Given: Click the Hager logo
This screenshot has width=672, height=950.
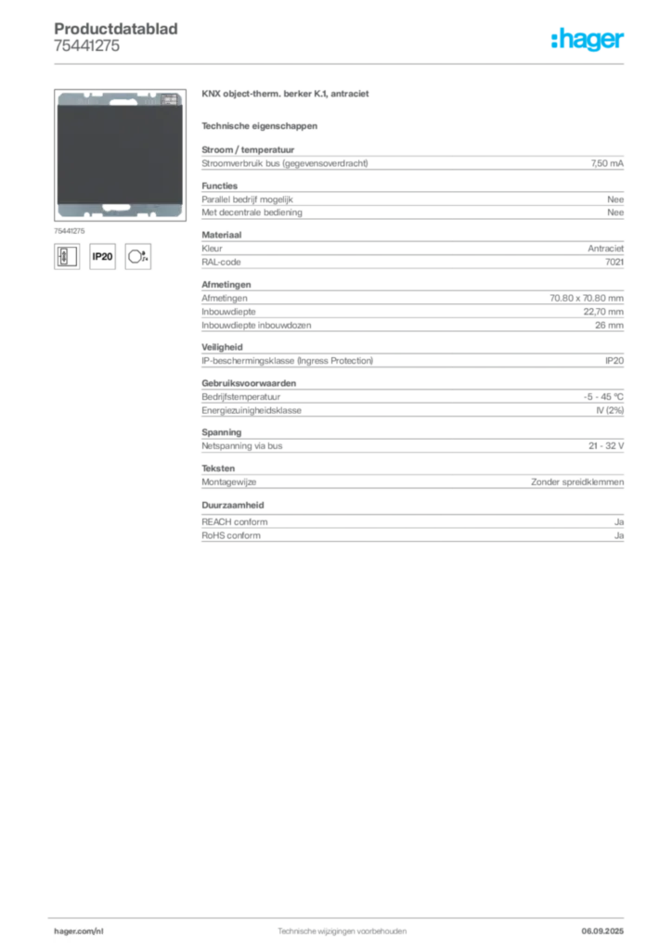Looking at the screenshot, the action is coord(588,40).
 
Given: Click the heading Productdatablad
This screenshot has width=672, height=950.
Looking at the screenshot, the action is coord(116,29).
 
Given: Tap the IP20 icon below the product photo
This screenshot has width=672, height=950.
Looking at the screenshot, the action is coord(102,256).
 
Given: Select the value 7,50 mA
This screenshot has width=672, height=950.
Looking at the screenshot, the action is coord(607,163).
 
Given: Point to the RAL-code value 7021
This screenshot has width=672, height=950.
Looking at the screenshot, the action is coord(614,262).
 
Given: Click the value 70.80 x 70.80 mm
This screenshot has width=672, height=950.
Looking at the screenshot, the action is coord(587,298).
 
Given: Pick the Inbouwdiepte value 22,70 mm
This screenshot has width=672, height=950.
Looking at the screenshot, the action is coord(603,312).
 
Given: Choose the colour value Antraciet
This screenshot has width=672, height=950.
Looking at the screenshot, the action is coord(605,249).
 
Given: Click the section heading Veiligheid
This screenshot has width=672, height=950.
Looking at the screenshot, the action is coord(222,347).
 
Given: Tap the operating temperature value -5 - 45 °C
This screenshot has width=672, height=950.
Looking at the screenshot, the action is coord(603,397).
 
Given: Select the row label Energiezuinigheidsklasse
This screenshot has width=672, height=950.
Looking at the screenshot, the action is coord(252,410).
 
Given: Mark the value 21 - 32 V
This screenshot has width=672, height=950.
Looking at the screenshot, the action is coord(606,445).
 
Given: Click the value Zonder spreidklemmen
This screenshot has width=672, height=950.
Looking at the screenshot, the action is coord(577,481).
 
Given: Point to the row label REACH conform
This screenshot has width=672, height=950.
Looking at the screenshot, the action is coord(235,521).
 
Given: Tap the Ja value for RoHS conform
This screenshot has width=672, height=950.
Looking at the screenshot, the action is coord(619,535).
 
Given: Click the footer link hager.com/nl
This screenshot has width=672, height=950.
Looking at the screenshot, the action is coord(79,931).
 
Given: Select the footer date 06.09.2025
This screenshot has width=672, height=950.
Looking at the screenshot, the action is coord(602,931).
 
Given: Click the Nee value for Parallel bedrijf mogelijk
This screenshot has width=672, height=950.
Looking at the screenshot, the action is coord(615,199).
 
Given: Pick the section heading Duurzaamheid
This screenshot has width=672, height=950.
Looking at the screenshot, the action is coord(233,505).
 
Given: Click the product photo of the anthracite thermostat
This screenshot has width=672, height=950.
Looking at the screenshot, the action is coord(120,155).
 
